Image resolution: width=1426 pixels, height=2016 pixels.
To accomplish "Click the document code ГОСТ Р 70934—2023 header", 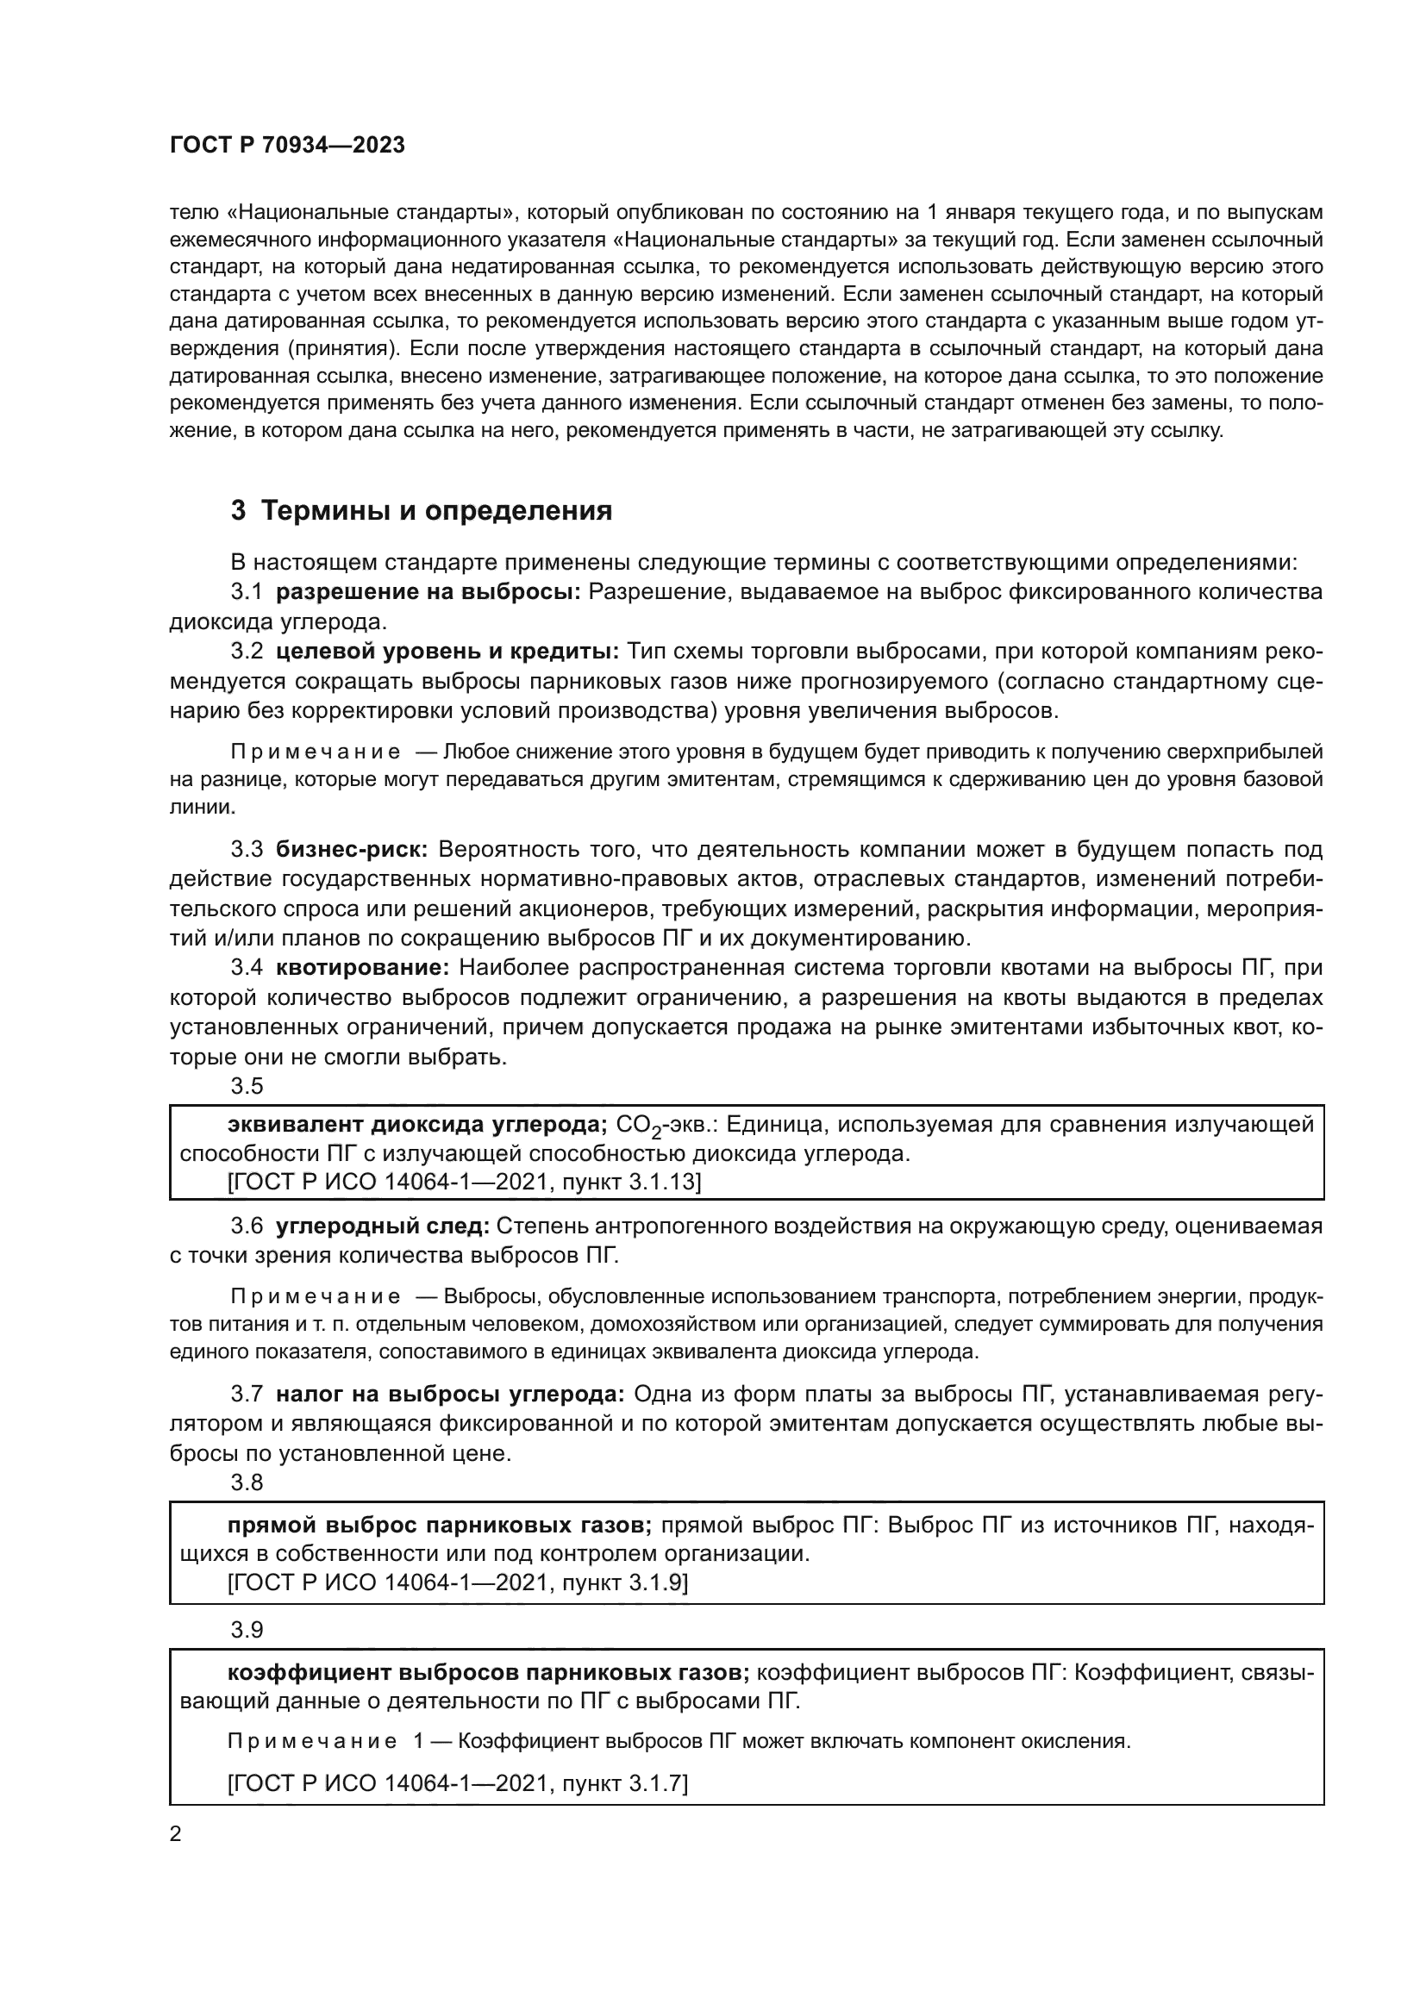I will pyautogui.click(x=287, y=146).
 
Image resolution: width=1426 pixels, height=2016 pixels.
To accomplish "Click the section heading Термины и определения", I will pyautogui.click(x=422, y=511).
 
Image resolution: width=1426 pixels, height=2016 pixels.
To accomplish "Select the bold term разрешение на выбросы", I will pyautogui.click(x=428, y=592).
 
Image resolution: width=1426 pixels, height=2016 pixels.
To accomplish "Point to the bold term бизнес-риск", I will pyautogui.click(x=351, y=849).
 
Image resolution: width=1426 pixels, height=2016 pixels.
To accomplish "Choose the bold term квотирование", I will pyautogui.click(x=363, y=968).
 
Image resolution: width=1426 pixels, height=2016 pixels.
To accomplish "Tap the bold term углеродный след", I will pyautogui.click(x=383, y=1226).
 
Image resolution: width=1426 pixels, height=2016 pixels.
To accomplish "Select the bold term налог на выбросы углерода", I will pyautogui.click(x=449, y=1395).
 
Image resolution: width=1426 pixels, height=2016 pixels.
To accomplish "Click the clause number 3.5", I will pyautogui.click(x=247, y=1086).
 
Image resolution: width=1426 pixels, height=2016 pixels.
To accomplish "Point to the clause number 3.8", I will pyautogui.click(x=247, y=1482).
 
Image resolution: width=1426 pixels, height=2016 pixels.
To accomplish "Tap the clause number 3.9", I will pyautogui.click(x=247, y=1630).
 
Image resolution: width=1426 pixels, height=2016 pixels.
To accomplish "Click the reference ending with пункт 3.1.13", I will pyautogui.click(x=464, y=1183).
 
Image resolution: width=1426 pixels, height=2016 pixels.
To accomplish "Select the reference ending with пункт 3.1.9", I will pyautogui.click(x=458, y=1583).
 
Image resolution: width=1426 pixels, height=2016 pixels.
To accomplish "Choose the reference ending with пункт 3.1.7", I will pyautogui.click(x=458, y=1783).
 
